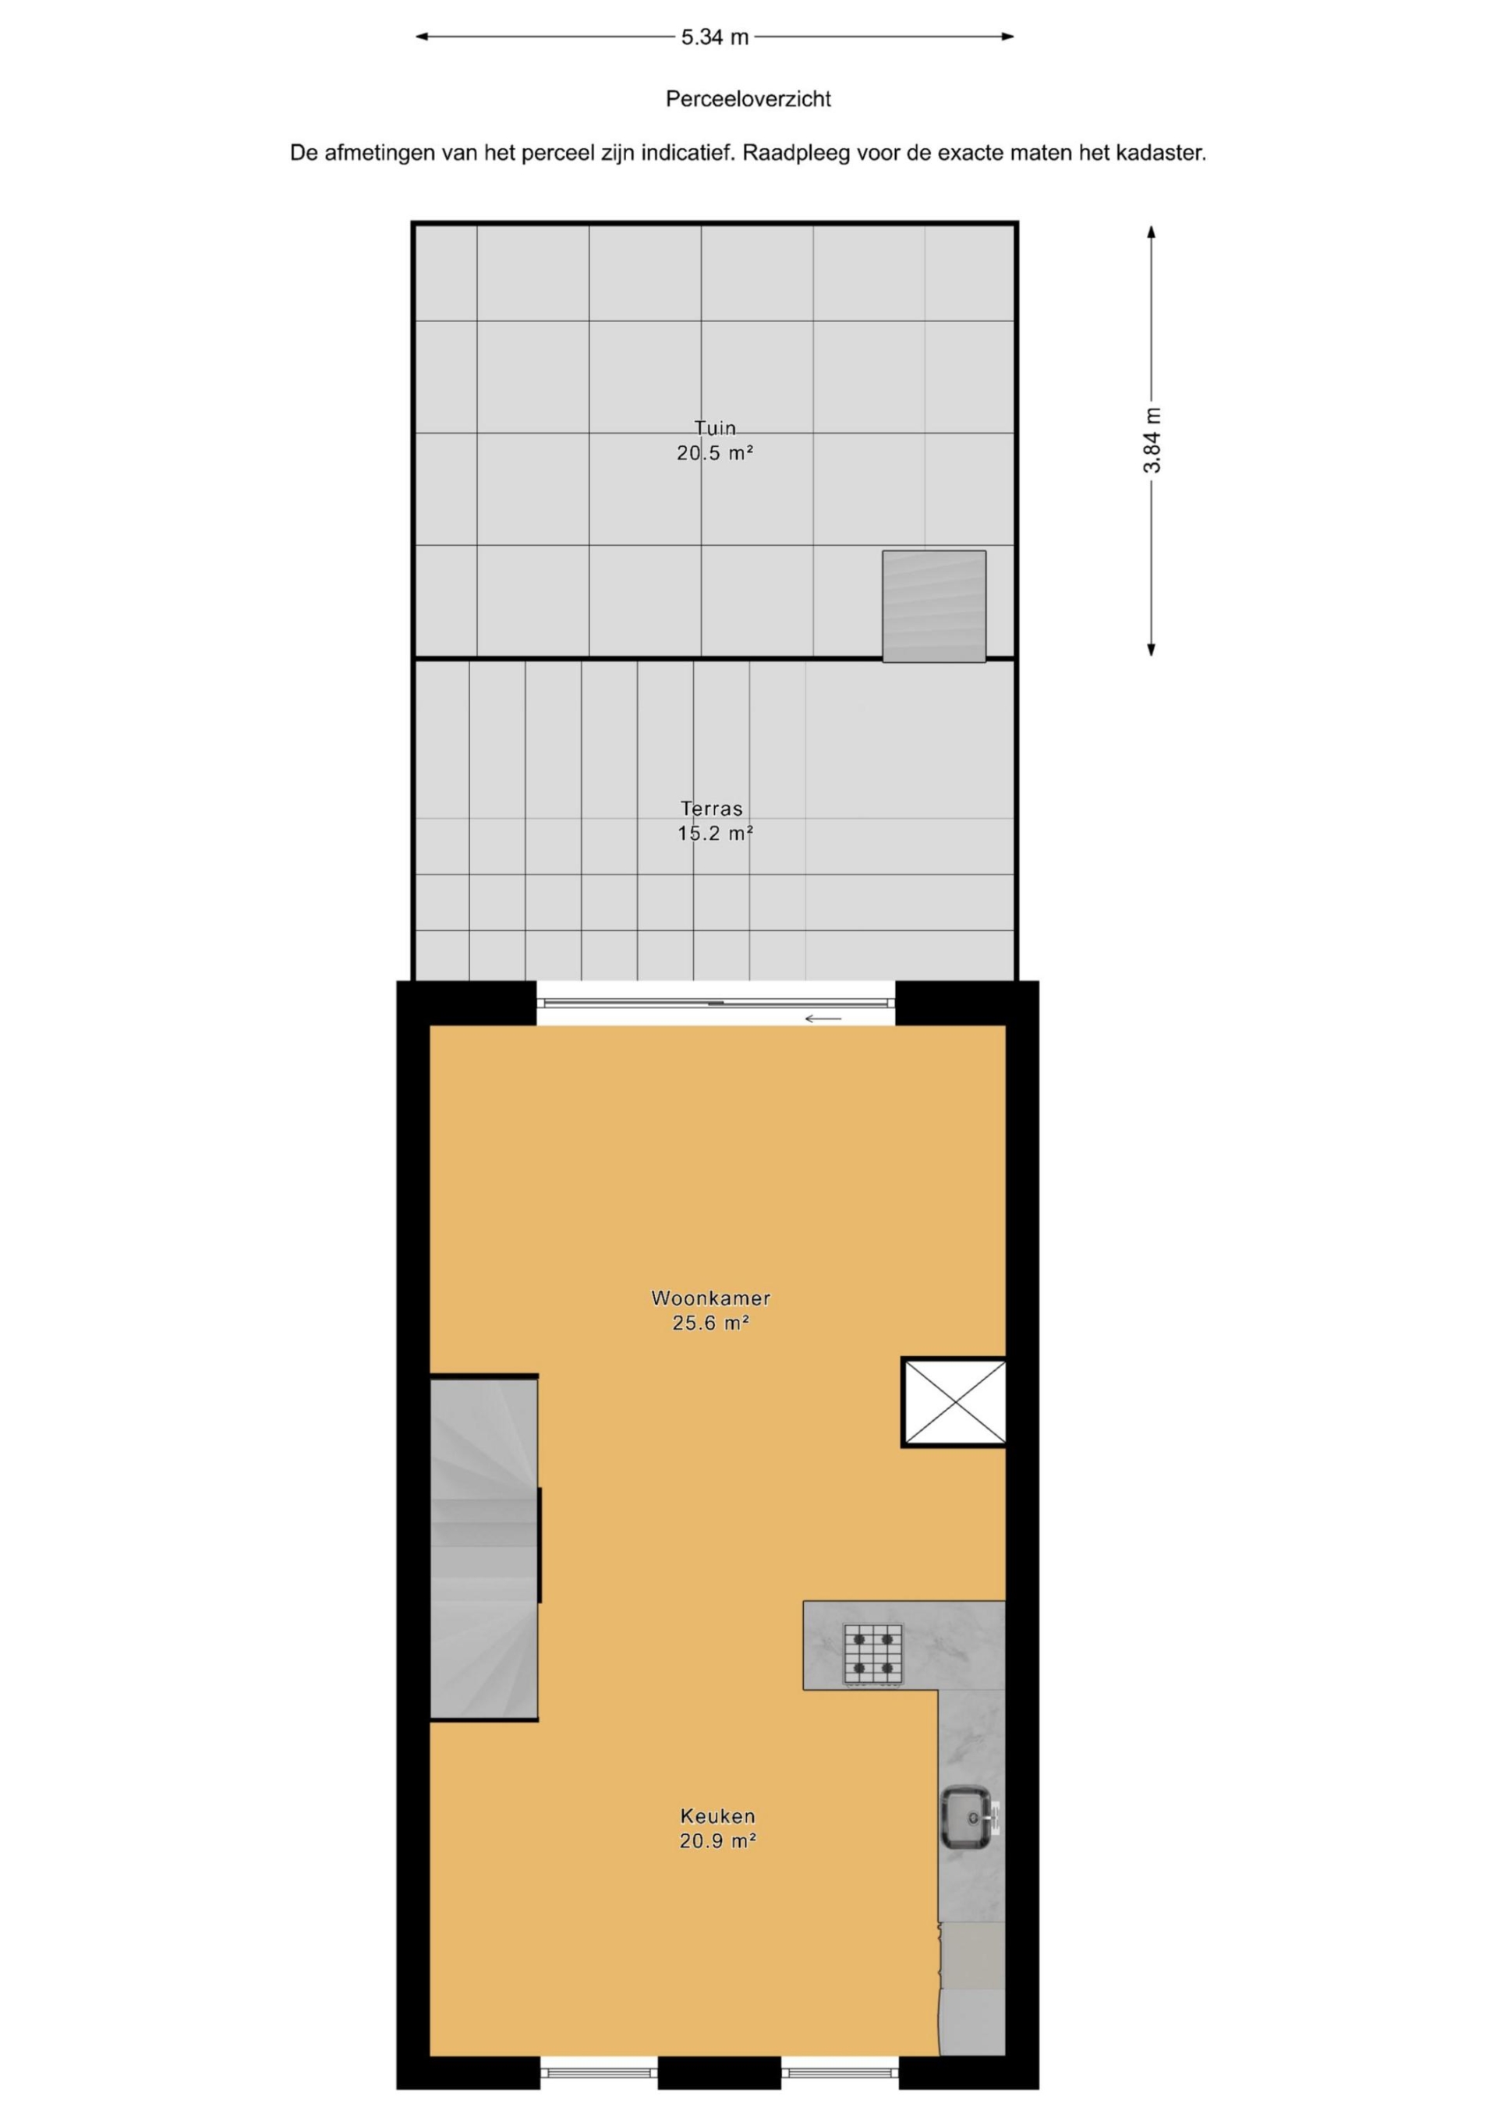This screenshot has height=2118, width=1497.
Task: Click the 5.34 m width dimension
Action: (715, 37)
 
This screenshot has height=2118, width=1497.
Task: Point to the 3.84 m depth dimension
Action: (1152, 440)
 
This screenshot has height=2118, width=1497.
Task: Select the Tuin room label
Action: (715, 428)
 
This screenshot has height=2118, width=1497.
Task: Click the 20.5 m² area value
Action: (715, 453)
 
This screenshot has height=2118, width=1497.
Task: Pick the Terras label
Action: (711, 808)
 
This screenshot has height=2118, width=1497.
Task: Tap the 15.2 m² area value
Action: (715, 834)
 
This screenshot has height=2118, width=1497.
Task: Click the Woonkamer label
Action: (710, 1298)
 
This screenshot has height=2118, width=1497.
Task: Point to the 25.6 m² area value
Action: (710, 1323)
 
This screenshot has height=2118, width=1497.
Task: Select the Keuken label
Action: (717, 1816)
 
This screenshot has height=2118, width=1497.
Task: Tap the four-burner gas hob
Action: (872, 1654)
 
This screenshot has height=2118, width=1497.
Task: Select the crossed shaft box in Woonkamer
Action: (954, 1402)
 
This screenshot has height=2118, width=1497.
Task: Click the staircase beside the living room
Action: (484, 1549)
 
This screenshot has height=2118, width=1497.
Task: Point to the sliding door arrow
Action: (823, 1018)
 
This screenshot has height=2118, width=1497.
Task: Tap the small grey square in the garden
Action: (934, 606)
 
